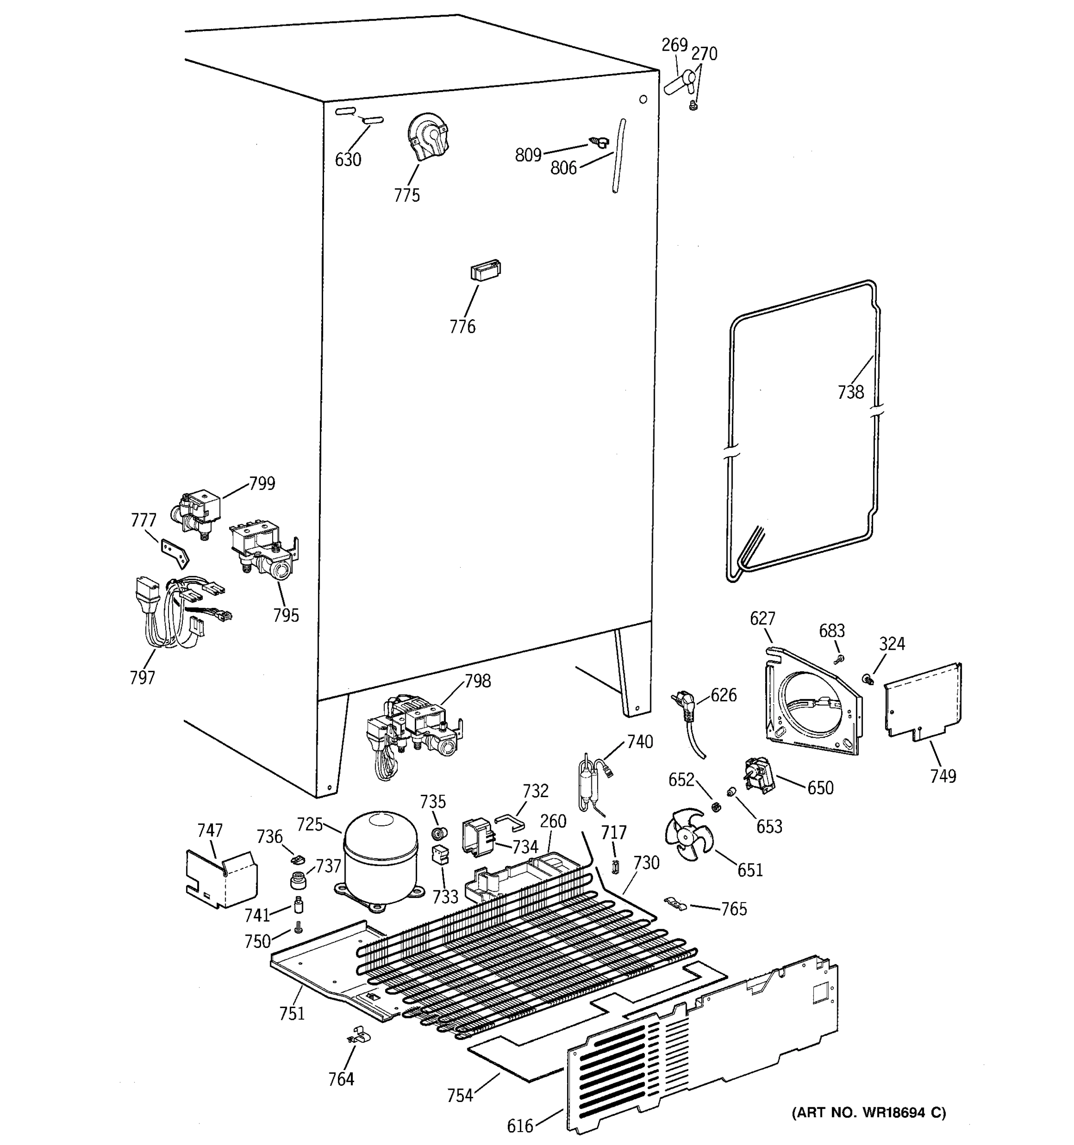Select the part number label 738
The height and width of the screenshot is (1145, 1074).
(851, 392)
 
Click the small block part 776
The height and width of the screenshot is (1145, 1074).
(485, 270)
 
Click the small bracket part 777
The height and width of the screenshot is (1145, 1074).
(175, 553)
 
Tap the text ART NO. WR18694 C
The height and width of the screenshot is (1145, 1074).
(869, 1112)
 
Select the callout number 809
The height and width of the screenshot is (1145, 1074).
(528, 155)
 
